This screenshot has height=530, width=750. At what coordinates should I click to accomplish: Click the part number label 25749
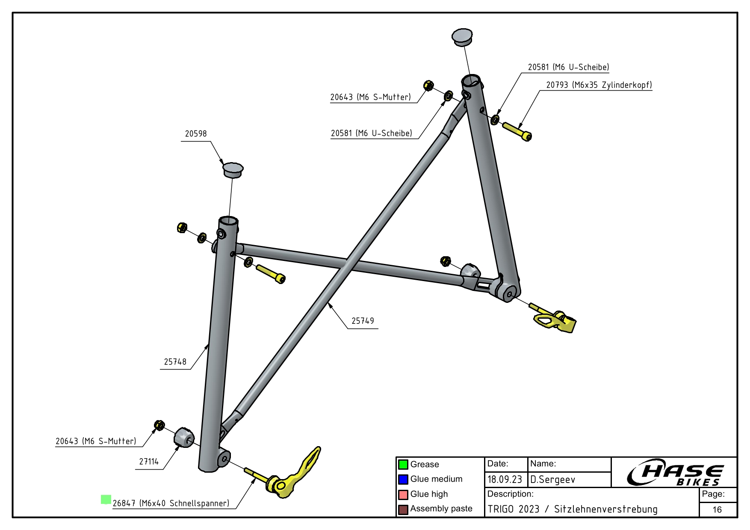[x=363, y=321]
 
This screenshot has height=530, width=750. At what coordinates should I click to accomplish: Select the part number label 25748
[x=175, y=362]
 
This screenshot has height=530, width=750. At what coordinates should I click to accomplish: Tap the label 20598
[x=196, y=134]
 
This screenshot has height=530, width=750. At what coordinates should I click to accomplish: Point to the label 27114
[x=149, y=462]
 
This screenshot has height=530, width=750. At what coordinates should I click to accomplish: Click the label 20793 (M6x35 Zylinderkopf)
[x=599, y=85]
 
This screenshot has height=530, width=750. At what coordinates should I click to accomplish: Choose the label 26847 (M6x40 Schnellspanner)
[x=171, y=503]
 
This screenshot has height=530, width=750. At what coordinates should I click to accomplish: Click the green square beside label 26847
[x=106, y=499]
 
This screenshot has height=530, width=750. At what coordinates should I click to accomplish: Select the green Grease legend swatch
[x=403, y=465]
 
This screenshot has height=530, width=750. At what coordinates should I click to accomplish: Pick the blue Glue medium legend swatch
[x=403, y=480]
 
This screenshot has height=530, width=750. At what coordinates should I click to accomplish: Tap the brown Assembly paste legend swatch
[x=403, y=509]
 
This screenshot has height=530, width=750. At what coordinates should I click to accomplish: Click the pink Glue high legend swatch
[x=403, y=494]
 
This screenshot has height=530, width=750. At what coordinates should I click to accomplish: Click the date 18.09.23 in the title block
[x=505, y=480]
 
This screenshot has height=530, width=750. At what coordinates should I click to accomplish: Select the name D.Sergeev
[x=553, y=480]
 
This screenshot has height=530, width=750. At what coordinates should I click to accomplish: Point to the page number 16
[x=717, y=509]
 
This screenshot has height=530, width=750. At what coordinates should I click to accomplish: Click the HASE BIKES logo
[x=675, y=473]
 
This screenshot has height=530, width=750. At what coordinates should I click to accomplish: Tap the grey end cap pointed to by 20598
[x=233, y=169]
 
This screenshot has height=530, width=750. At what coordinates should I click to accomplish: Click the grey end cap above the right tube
[x=462, y=36]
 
